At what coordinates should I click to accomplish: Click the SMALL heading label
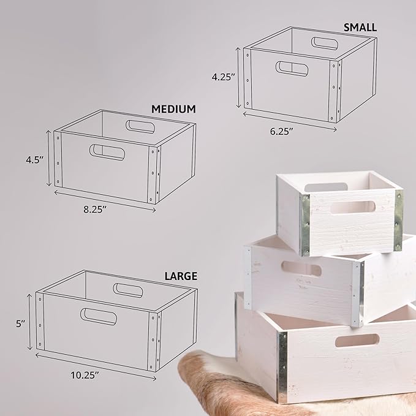[x=360, y=28]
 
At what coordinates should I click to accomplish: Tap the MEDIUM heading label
[x=173, y=109]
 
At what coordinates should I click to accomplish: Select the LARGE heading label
[x=181, y=276]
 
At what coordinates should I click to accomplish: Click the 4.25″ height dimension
[x=224, y=77]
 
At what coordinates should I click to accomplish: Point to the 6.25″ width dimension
[x=282, y=131]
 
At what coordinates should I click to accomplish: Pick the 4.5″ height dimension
[x=35, y=160]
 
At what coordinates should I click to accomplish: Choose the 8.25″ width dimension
[x=95, y=210]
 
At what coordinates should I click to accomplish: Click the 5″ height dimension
[x=20, y=323]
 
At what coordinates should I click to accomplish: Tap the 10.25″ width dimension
[x=85, y=375]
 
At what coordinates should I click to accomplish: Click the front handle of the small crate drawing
[x=292, y=68]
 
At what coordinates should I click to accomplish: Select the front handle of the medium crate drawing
[x=107, y=152]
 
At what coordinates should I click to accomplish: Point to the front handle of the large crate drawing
[x=99, y=316]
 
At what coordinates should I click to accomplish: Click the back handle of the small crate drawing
[x=325, y=43]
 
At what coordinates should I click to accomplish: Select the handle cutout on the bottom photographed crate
[x=357, y=341]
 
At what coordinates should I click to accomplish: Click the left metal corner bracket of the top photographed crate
[x=305, y=224]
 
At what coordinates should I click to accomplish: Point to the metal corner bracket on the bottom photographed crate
[x=282, y=367]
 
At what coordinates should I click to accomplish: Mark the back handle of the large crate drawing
[x=128, y=290]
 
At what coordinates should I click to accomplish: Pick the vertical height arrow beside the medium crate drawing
[x=48, y=158]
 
